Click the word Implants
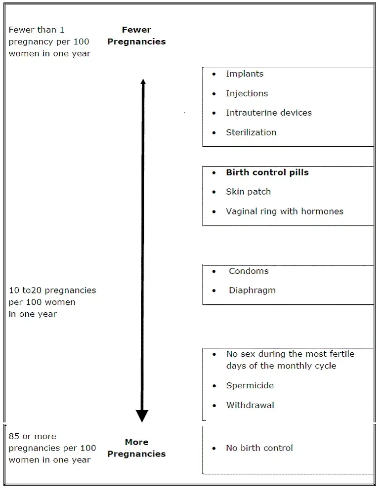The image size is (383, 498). [x=245, y=74]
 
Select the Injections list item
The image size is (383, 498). [x=247, y=93]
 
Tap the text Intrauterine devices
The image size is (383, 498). [x=269, y=113]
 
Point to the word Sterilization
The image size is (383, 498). [x=251, y=132]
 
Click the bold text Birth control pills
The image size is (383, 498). [x=267, y=172]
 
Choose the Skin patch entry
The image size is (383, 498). [x=248, y=192]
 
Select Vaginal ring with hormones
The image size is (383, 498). [x=285, y=211]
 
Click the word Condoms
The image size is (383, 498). [x=249, y=271]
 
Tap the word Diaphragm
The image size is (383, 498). [x=252, y=290]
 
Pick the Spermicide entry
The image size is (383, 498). [x=250, y=386]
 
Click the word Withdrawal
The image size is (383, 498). [x=250, y=405]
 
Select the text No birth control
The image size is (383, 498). [x=259, y=448]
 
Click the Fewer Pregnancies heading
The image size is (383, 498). [x=136, y=36]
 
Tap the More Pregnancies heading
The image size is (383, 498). [x=136, y=448]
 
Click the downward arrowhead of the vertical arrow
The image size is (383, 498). [x=142, y=416]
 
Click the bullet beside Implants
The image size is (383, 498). [x=214, y=74]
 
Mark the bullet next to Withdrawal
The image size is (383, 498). [x=214, y=406]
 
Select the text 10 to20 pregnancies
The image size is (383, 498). [x=52, y=290]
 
